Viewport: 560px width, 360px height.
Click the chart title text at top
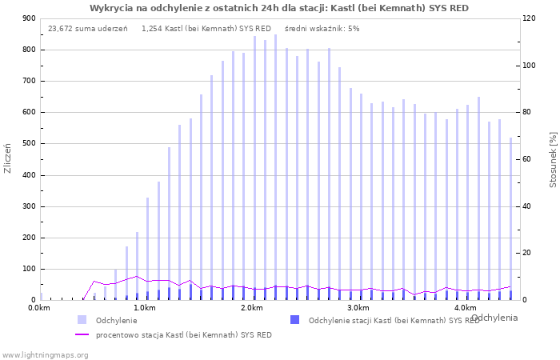tap(279, 8)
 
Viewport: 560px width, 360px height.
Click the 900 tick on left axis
tap(29, 18)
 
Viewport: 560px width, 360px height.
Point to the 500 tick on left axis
tap(29, 144)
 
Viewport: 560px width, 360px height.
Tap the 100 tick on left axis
tap(29, 269)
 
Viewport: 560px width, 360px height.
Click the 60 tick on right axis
tap(528, 159)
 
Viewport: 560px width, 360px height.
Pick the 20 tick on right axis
tap(528, 253)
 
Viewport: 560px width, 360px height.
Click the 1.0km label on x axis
tap(144, 308)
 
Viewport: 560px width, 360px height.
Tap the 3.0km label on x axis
tap(358, 308)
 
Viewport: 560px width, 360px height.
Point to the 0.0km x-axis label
tap(38, 308)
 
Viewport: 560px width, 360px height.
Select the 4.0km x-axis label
tap(465, 308)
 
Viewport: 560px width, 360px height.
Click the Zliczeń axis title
tap(8, 158)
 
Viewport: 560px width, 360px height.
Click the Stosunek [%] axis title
tap(552, 158)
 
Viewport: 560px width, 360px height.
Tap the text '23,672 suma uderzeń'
tap(88, 29)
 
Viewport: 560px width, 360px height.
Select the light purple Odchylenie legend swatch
tap(82, 320)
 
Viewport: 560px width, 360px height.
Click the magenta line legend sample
tap(82, 334)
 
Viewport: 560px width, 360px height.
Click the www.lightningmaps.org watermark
tap(45, 354)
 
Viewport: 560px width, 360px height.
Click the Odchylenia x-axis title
tap(494, 318)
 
